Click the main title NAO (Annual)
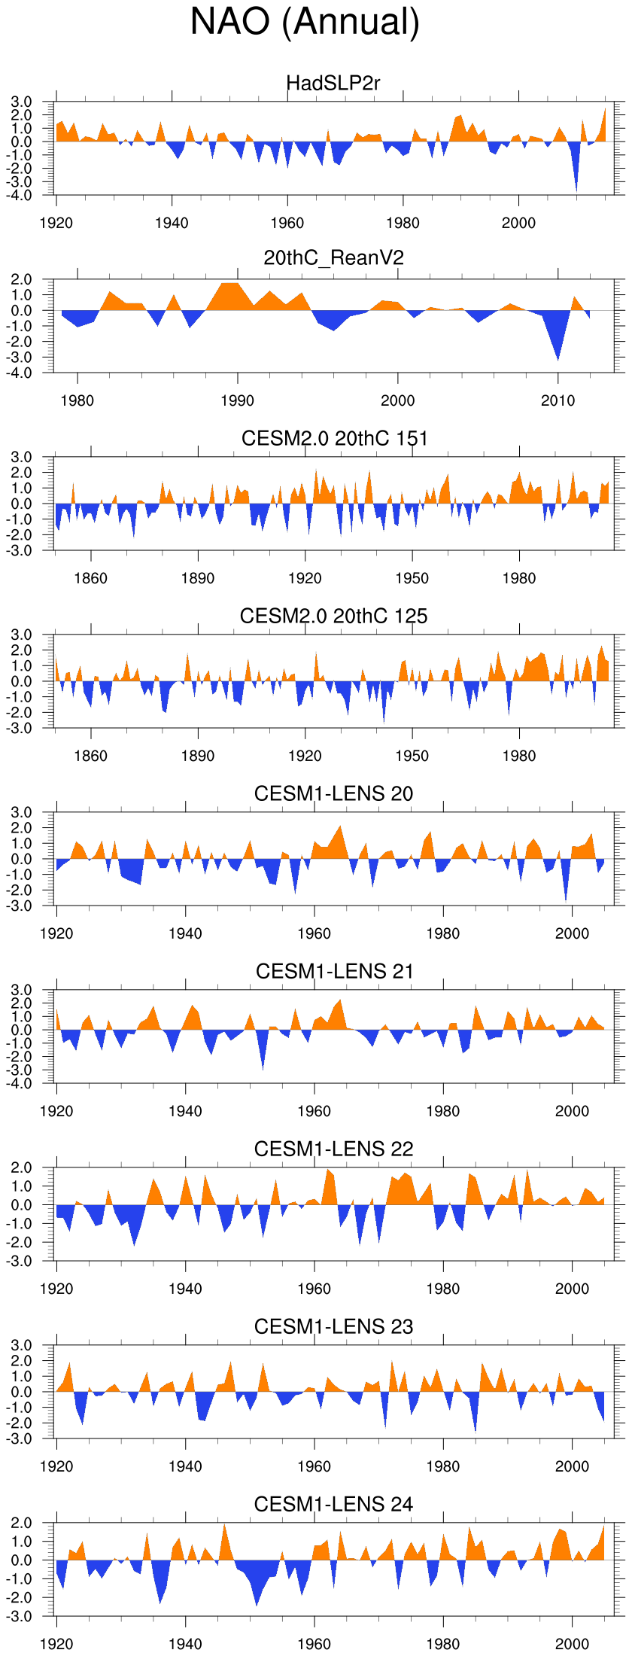(305, 22)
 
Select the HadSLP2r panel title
(333, 83)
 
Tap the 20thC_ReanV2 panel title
(333, 258)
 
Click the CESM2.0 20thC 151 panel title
(334, 438)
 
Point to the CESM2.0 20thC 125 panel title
(333, 616)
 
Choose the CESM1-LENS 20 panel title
(333, 793)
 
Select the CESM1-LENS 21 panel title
(334, 971)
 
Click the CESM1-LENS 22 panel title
(333, 1149)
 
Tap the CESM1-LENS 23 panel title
(333, 1326)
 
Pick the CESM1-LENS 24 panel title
(333, 1504)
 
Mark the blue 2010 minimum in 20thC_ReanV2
(558, 354)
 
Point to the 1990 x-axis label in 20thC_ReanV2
(237, 400)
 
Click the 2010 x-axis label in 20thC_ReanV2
(558, 400)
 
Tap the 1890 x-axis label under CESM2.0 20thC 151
(197, 578)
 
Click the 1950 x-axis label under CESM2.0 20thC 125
(412, 756)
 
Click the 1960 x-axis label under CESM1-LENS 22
(314, 1289)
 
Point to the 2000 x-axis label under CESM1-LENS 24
(572, 1644)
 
